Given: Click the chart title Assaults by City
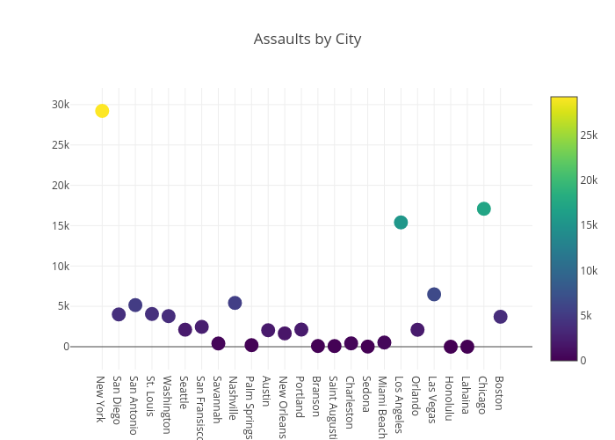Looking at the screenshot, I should [307, 39].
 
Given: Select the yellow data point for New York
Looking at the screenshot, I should [102, 111].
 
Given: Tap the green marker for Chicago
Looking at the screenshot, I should [483, 209].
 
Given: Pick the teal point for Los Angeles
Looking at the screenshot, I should [401, 223].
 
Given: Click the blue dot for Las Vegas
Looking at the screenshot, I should [434, 294].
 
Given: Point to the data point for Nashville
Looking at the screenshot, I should [235, 303].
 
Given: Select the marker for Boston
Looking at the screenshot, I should [500, 317].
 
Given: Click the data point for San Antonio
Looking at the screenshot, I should [135, 305].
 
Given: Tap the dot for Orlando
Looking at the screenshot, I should [417, 330].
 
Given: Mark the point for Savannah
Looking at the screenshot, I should [218, 343].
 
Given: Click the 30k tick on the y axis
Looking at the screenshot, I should [60, 105].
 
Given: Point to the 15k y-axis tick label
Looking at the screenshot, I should [60, 225].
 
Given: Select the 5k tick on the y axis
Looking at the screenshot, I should [62, 306].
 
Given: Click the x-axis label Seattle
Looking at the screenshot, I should [184, 393].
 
